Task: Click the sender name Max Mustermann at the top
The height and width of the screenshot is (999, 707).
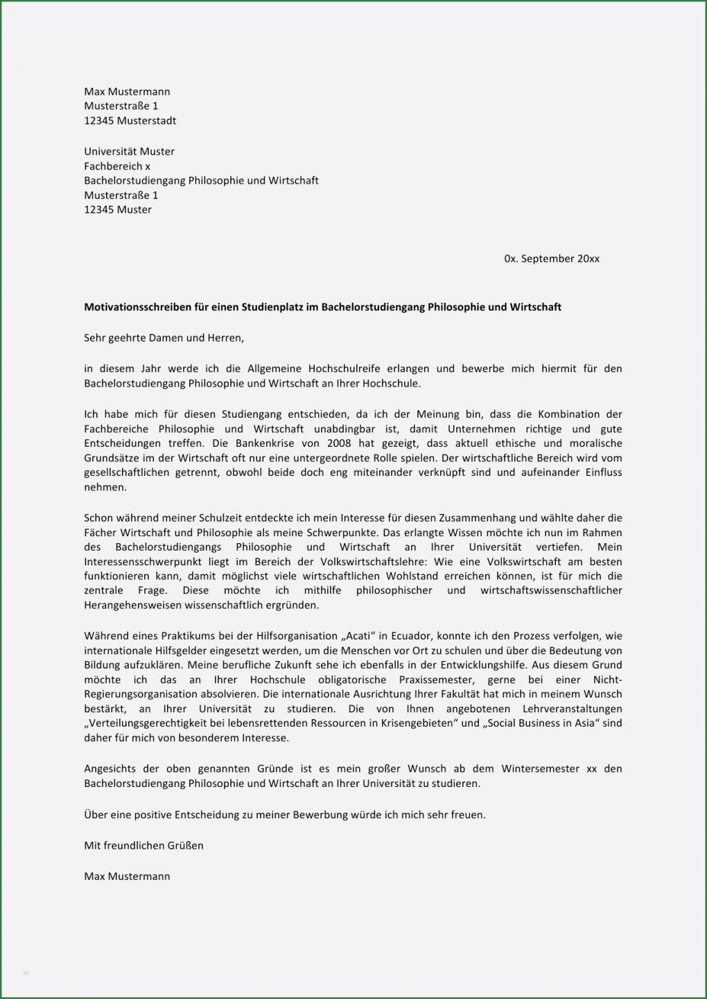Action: click(127, 91)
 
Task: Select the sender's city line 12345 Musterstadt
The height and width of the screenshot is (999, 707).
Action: click(130, 121)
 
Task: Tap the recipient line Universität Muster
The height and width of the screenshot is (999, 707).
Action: click(129, 151)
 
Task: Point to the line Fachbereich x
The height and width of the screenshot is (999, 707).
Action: click(117, 166)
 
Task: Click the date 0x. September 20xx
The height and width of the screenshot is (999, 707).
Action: click(552, 258)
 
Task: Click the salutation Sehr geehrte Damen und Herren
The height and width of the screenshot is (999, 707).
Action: click(164, 338)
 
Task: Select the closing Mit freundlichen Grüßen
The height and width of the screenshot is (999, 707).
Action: click(143, 845)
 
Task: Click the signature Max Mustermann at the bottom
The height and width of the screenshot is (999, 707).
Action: click(127, 876)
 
